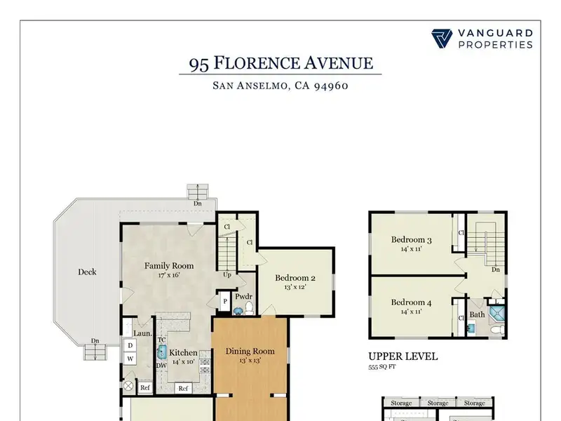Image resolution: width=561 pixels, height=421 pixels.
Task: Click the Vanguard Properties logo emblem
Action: click(442, 39)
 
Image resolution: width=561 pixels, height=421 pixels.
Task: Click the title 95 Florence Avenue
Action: click(281, 63)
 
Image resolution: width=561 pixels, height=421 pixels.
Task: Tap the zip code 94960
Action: click(331, 86)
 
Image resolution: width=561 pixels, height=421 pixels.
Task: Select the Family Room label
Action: click(169, 266)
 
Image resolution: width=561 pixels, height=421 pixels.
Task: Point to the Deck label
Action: click(87, 272)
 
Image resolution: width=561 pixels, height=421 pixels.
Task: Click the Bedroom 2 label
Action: click(295, 278)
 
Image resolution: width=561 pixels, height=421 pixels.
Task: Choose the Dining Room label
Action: click(250, 352)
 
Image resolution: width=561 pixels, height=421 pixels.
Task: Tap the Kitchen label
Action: click(183, 353)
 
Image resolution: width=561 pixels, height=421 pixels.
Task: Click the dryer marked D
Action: click(130, 345)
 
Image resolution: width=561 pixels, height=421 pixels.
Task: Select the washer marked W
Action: click(130, 359)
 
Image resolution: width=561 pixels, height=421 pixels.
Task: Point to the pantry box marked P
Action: click(225, 302)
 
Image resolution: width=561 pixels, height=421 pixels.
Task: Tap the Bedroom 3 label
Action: click(411, 239)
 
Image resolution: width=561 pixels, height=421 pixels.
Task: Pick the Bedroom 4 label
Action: click(411, 302)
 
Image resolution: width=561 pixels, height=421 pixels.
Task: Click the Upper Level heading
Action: click(403, 356)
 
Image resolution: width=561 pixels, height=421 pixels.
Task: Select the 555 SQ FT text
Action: click(382, 367)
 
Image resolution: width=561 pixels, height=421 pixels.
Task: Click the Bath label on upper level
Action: click(478, 314)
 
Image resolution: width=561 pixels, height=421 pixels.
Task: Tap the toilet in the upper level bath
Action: click(497, 330)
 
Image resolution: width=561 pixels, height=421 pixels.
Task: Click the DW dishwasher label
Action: click(161, 366)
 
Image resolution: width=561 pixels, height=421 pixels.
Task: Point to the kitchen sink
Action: click(162, 352)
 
